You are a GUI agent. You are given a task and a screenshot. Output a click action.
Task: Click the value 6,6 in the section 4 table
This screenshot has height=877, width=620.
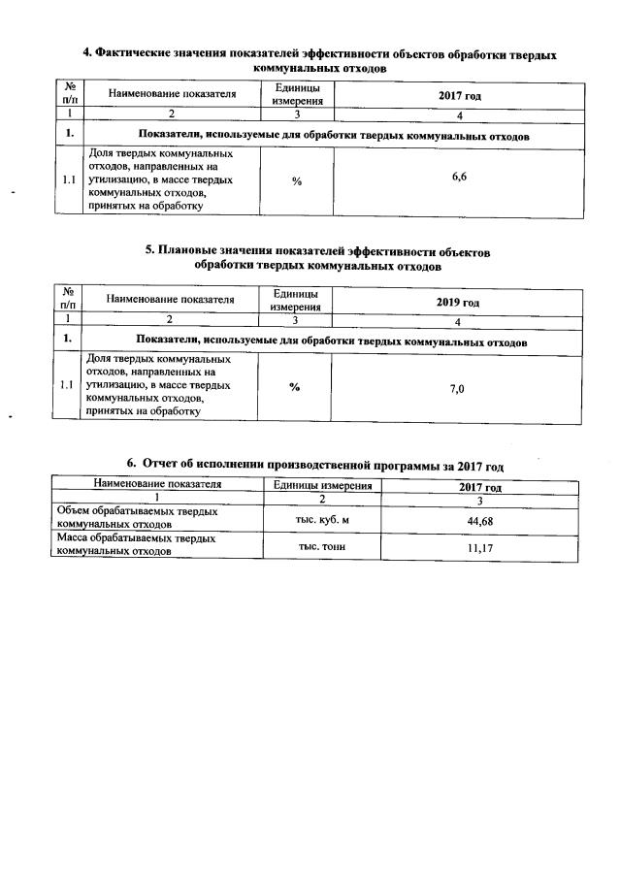(459, 178)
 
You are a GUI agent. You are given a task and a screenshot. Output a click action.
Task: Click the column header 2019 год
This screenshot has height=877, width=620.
(458, 303)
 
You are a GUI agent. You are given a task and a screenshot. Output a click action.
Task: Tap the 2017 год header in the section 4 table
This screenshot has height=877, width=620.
(459, 95)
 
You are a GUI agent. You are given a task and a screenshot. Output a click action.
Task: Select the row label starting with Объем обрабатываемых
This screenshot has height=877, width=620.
(136, 517)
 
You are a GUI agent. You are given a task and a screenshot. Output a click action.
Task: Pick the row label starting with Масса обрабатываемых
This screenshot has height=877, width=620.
(136, 543)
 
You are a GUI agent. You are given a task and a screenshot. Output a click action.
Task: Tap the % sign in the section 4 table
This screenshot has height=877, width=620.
(296, 180)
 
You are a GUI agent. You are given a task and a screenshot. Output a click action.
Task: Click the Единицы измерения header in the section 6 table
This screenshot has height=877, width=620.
(322, 484)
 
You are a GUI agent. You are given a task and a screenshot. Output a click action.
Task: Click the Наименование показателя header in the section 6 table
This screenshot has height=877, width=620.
(157, 483)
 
